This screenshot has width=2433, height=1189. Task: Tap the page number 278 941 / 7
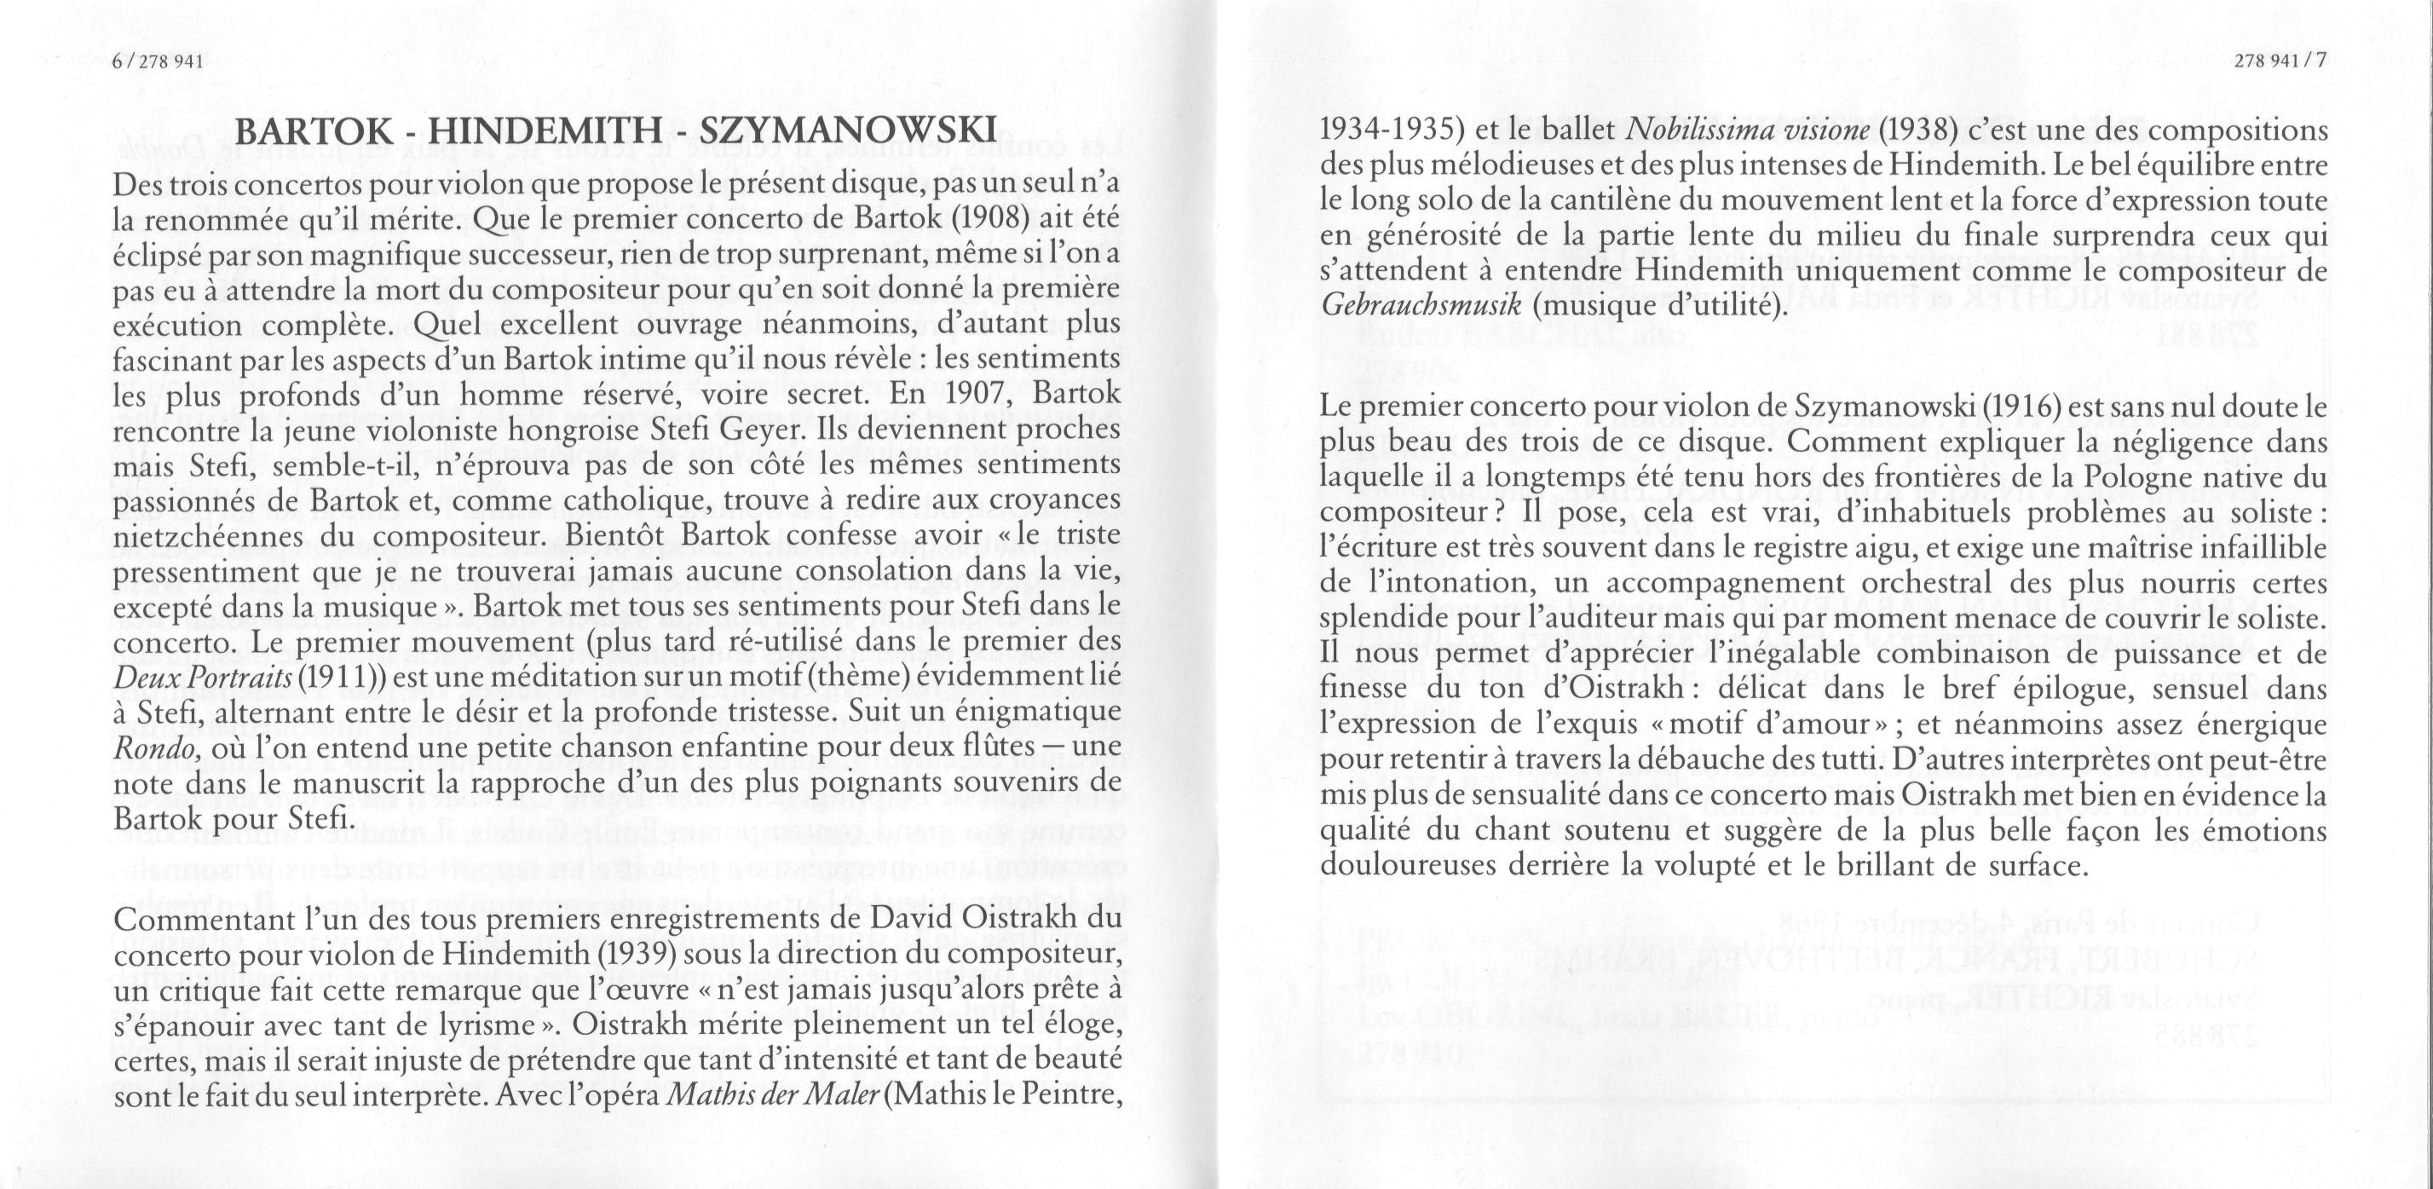click(x=2278, y=62)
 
